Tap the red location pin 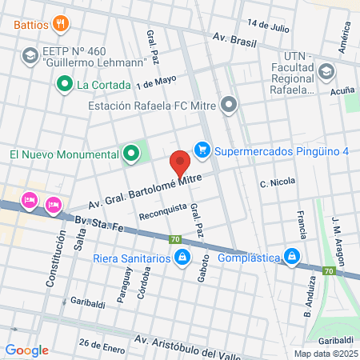point(181,163)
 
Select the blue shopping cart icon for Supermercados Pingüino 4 point(202,149)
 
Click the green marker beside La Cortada point(63,82)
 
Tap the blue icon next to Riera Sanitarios point(182,258)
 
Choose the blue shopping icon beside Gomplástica point(293,258)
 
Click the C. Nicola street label point(278,183)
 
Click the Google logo point(27,350)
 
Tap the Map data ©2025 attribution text point(325,354)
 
